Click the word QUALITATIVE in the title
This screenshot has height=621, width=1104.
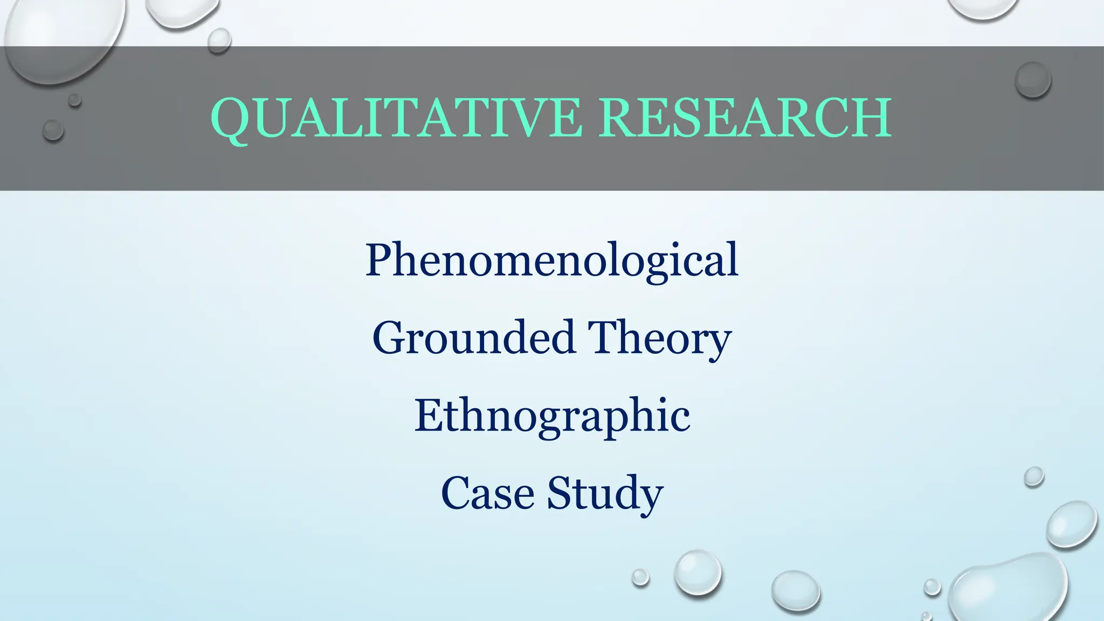(396, 118)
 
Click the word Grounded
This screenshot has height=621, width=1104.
(474, 338)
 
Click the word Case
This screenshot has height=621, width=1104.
(488, 493)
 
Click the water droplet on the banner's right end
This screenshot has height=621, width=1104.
(1032, 80)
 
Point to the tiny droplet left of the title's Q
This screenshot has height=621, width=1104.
(53, 130)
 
